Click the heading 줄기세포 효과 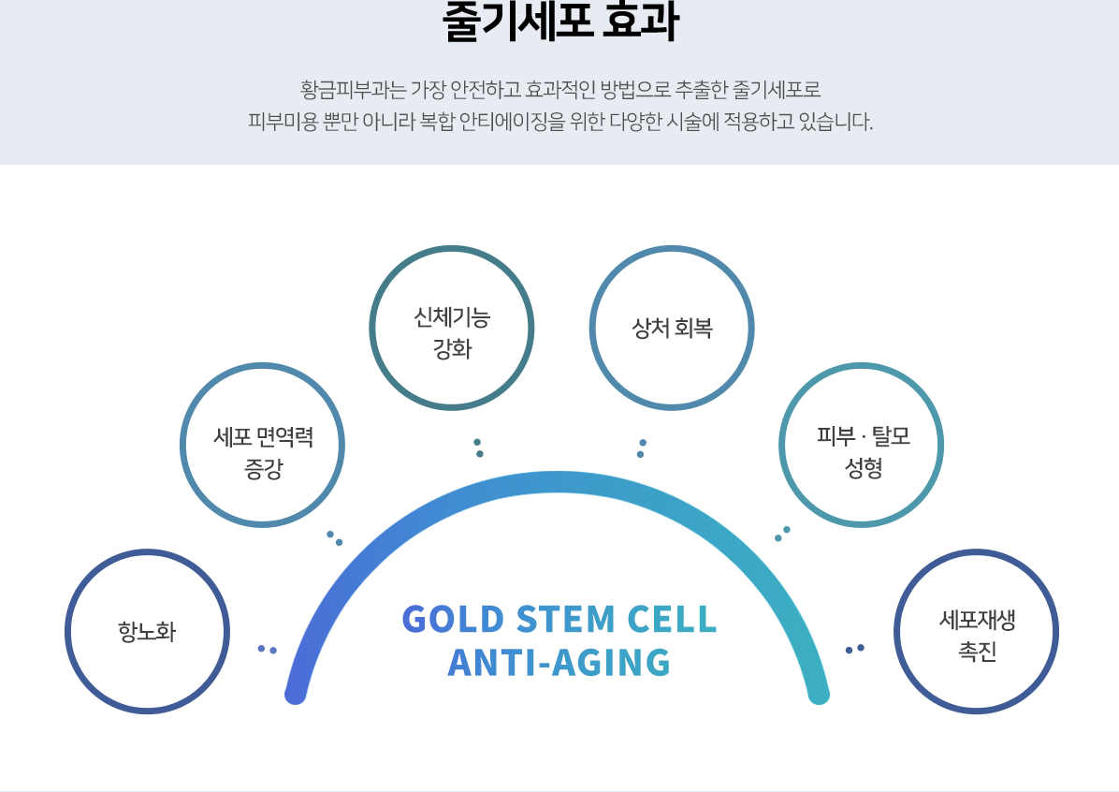coord(560,22)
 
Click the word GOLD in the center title coord(453,619)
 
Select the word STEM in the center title coord(565,619)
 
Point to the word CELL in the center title coord(672,619)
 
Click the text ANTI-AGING coord(559,662)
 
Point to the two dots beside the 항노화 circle coord(267,649)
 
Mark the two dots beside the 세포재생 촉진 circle coord(854,649)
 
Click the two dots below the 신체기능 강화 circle coord(478,447)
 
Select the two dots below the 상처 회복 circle coord(642,448)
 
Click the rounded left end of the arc coord(296,694)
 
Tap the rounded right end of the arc coord(819,694)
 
